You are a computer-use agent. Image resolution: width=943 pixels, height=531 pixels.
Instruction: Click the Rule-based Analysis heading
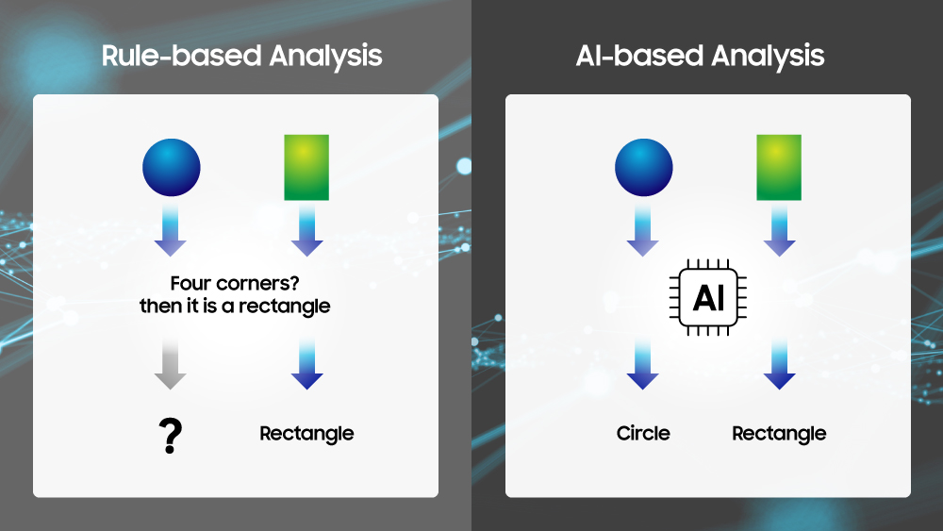241,57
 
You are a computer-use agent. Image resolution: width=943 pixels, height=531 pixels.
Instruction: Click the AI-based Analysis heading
700,57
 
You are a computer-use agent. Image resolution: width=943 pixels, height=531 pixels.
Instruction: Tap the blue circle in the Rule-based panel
172,167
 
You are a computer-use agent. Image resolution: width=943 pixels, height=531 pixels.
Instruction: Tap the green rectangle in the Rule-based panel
306,167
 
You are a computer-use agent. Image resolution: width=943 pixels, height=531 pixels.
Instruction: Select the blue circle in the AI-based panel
643,167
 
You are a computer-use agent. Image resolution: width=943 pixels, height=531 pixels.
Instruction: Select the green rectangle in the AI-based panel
779,167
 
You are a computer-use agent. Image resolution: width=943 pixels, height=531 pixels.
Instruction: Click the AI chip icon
708,297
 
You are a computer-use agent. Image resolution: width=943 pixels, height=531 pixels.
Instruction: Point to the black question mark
170,436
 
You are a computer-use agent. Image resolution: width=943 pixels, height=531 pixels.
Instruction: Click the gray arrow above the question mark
170,363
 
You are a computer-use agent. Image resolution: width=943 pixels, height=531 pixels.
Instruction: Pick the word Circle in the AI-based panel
643,433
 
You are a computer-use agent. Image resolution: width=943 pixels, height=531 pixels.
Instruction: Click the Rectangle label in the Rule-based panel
306,434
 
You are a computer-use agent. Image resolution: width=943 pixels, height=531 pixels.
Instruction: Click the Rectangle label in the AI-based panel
780,434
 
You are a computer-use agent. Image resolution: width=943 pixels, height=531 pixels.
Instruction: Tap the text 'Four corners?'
235,283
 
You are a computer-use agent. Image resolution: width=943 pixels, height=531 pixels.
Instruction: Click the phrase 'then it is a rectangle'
235,307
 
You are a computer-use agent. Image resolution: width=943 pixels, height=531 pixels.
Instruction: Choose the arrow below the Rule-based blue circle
170,231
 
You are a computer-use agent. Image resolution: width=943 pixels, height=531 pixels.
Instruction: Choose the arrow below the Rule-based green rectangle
307,231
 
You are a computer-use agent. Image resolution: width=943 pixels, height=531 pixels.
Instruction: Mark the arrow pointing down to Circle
643,363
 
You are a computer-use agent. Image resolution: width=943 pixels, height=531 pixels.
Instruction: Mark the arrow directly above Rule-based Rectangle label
307,363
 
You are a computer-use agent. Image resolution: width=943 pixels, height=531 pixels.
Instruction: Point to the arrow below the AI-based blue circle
643,231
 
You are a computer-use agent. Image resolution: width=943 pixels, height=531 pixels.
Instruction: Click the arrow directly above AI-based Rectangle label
780,363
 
